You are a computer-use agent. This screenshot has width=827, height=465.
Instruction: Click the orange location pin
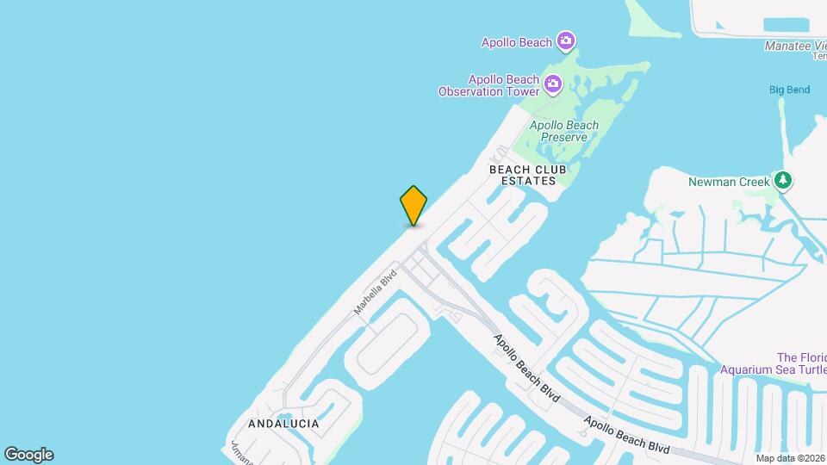(413, 205)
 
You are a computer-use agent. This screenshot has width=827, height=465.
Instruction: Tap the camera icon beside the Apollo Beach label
(565, 40)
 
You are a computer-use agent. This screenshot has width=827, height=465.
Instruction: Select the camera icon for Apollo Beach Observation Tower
(553, 84)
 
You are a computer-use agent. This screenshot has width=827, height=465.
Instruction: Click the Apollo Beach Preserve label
(564, 131)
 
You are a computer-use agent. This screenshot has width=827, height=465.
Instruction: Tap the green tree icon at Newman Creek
(783, 181)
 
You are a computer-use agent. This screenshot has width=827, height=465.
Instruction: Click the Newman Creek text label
(729, 182)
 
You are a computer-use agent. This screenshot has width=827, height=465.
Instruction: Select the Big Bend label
(790, 90)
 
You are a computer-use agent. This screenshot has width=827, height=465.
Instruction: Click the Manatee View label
(795, 46)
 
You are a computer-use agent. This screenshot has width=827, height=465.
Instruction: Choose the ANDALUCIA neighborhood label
(283, 424)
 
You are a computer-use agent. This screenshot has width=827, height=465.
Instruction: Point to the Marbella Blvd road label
(375, 292)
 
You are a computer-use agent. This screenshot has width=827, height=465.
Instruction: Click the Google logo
(28, 455)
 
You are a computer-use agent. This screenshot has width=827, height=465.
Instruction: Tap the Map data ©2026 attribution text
(789, 458)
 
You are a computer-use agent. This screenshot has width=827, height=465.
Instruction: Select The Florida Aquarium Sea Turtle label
(801, 363)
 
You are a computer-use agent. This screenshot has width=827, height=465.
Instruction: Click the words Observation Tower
(488, 91)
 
